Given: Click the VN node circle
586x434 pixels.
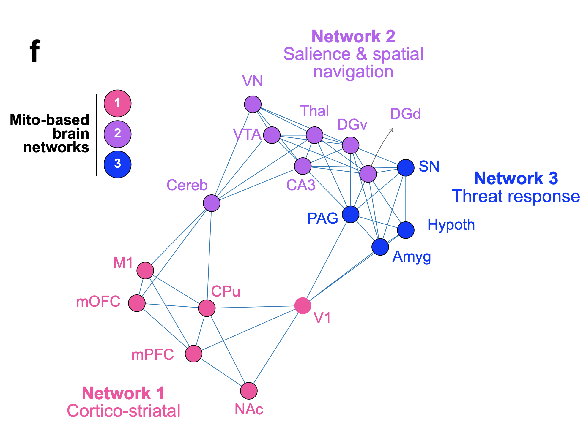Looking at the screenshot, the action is point(253,104).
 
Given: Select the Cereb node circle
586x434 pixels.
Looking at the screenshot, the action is point(212,203).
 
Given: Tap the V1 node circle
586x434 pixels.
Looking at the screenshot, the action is point(303,306).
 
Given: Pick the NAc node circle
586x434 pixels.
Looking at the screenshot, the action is point(249,391).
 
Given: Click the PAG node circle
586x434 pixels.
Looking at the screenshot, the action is point(351,214).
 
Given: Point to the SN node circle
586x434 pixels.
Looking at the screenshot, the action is point(406,168).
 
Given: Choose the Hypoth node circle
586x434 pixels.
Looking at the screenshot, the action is point(406,230).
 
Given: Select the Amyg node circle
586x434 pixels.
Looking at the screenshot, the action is point(380,247).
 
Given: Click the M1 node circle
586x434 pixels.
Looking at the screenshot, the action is point(145,270).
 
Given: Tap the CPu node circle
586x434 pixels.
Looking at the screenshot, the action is point(207,308).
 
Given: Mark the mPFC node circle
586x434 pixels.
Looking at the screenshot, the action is point(194,354).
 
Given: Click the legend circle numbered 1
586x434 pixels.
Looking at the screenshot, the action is point(117,103).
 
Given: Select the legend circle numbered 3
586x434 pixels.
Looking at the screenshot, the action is point(117,164).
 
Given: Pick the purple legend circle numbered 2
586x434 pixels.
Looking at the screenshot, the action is point(117,134).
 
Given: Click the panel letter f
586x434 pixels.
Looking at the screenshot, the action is point(35,51).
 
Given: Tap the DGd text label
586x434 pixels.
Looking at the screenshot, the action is point(405,114).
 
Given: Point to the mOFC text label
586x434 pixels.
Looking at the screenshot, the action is point(98,302).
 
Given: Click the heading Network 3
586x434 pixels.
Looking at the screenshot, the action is point(516,178).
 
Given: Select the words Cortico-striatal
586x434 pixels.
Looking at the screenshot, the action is point(124,411).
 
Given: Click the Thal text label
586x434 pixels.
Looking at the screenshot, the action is point(314,111).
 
